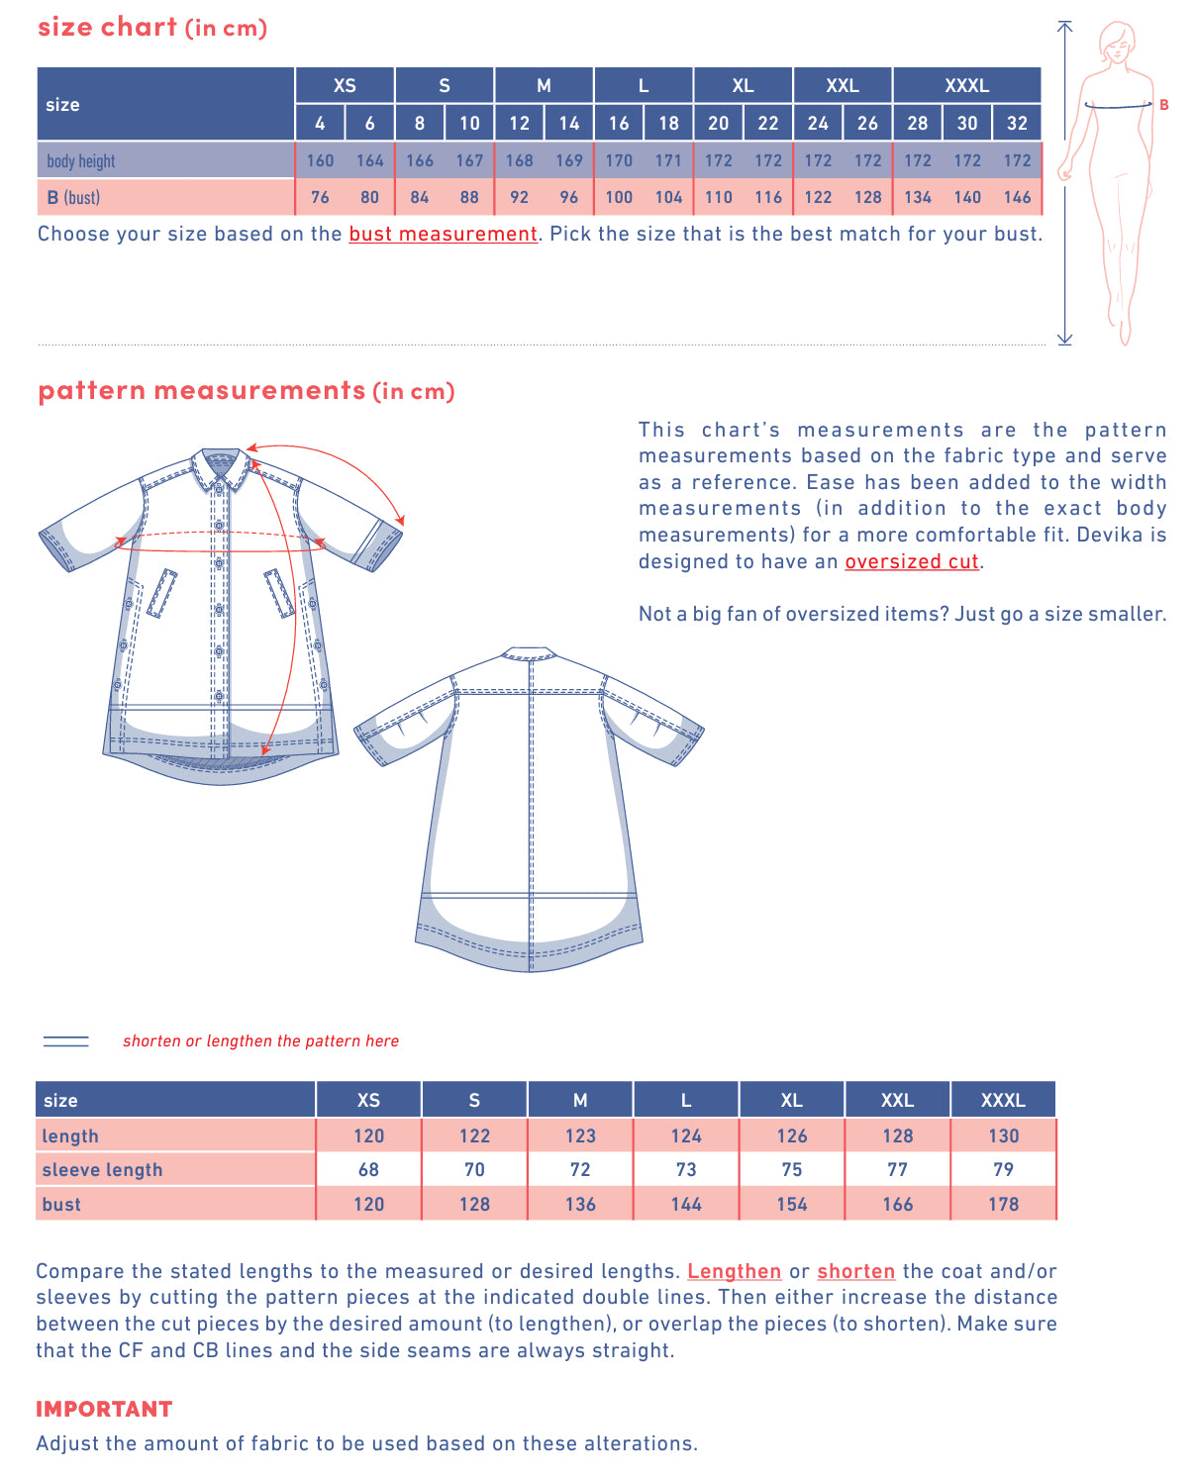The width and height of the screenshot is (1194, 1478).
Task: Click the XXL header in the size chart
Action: click(843, 86)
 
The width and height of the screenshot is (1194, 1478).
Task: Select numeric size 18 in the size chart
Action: click(668, 124)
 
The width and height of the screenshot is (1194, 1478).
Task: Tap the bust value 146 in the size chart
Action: click(1017, 197)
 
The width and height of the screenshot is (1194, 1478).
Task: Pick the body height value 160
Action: click(320, 160)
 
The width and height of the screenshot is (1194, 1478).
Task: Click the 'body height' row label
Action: click(81, 161)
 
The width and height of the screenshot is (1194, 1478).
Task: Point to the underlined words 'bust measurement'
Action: click(443, 235)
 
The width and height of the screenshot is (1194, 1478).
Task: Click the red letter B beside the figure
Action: click(1164, 105)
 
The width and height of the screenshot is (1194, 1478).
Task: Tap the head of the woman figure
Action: click(1118, 41)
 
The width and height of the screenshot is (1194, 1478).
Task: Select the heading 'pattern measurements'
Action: click(202, 391)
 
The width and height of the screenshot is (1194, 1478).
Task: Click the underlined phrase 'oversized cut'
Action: click(911, 561)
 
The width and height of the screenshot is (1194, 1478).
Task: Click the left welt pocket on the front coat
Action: click(161, 593)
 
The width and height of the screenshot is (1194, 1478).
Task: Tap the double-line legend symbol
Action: click(66, 1041)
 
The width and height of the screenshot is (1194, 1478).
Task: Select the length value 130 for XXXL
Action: click(1003, 1136)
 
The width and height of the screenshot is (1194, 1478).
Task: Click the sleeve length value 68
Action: click(368, 1170)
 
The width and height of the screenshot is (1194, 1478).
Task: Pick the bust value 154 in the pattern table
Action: click(791, 1205)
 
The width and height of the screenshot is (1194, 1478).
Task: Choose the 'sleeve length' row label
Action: click(102, 1170)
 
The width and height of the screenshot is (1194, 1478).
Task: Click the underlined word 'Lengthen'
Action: click(734, 1272)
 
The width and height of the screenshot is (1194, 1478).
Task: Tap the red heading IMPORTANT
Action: click(104, 1410)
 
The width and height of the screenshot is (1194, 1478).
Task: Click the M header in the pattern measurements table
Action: click(580, 1101)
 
